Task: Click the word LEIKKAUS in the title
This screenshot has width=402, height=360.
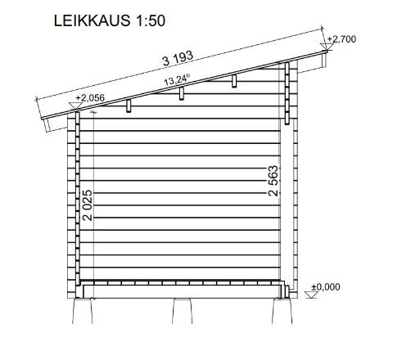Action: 92,20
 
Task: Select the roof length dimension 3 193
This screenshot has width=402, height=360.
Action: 178,59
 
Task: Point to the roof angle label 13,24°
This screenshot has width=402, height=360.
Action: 177,80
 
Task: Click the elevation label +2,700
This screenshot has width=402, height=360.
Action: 341,39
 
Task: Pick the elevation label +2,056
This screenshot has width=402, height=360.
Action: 90,98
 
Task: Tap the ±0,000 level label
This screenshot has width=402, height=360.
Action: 326,287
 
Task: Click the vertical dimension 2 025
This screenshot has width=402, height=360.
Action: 88,205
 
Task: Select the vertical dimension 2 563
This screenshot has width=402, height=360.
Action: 273,181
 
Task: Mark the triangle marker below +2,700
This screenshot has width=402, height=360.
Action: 327,47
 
